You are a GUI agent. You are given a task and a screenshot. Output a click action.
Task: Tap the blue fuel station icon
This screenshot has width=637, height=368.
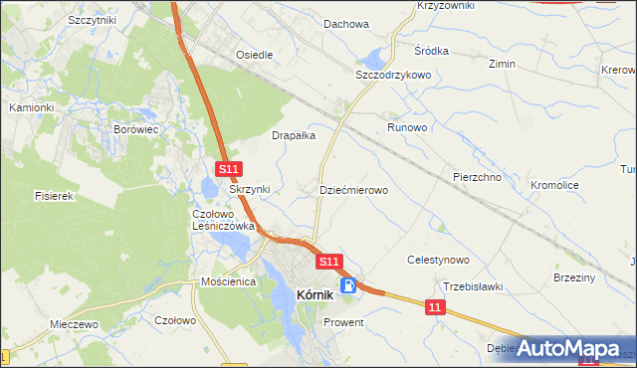click(x=349, y=285)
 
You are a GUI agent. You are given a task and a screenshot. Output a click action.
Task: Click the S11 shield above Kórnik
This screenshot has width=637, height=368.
click(x=330, y=261)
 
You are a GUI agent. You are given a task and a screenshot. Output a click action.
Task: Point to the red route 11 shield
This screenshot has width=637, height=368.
click(x=434, y=309)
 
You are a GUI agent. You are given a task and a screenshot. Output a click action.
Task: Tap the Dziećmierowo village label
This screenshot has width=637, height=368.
click(x=353, y=189)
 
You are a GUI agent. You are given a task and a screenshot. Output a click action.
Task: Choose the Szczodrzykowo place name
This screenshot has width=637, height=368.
click(x=392, y=75)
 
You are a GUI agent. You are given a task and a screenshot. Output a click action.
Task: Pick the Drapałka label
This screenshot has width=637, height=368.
click(x=294, y=135)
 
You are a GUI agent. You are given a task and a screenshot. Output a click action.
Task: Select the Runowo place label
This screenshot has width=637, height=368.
click(x=407, y=128)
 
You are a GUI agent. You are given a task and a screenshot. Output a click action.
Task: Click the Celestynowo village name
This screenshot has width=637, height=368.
click(x=438, y=260)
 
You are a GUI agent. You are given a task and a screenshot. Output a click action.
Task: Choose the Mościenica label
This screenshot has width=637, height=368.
click(x=229, y=282)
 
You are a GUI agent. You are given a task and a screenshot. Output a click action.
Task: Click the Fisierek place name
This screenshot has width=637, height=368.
click(x=55, y=197)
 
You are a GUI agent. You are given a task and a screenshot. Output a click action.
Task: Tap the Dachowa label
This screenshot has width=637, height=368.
click(x=345, y=24)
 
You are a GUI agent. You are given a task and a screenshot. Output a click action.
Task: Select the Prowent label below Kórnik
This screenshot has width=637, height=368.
click(x=343, y=323)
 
